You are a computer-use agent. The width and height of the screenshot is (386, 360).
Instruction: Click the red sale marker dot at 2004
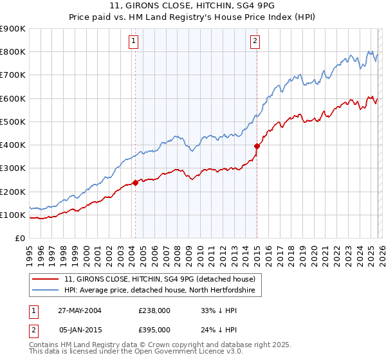(x=136, y=183)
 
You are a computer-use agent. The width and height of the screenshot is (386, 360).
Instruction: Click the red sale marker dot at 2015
(x=257, y=146)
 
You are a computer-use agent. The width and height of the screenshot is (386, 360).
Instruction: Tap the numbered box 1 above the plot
(x=133, y=42)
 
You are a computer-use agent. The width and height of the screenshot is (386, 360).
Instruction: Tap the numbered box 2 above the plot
(x=255, y=42)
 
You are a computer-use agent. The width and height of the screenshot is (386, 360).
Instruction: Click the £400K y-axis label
(x=13, y=145)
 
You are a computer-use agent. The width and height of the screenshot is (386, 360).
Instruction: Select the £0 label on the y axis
(x=20, y=239)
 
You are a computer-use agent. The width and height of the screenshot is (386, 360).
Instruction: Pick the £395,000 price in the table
(x=154, y=329)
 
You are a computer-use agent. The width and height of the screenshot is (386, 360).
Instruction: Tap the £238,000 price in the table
(x=154, y=310)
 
